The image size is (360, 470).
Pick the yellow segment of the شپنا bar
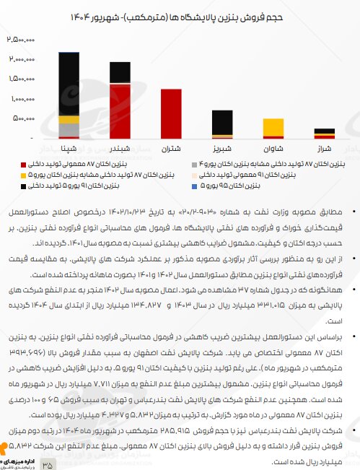pyautogui.click(x=69, y=119)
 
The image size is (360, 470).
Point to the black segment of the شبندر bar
pyautogui.click(x=120, y=72)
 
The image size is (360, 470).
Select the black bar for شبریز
pyautogui.click(x=222, y=121)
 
